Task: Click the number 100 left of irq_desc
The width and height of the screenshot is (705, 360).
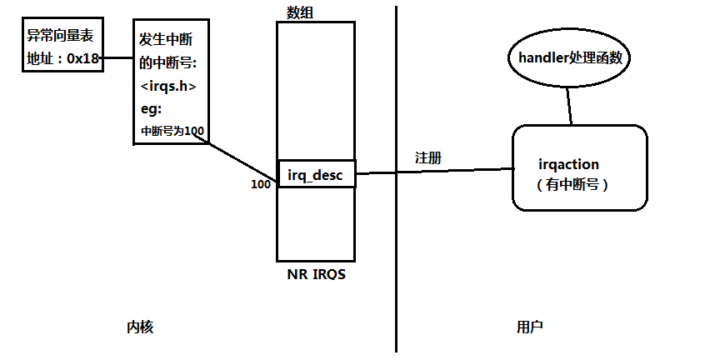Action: point(261,184)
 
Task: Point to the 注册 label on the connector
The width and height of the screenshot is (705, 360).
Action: point(428,158)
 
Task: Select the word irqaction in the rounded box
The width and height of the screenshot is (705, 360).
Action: point(569,165)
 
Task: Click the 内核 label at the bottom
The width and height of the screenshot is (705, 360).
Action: point(139,327)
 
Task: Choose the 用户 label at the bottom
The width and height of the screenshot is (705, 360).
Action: point(530,327)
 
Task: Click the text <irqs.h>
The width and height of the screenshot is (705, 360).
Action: point(169,86)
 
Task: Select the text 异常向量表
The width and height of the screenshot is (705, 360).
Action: point(62,36)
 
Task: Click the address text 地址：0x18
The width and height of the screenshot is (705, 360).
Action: point(62,58)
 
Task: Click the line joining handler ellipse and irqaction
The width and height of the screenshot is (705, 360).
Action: point(570,104)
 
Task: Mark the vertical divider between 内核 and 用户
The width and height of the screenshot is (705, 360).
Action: point(396,250)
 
